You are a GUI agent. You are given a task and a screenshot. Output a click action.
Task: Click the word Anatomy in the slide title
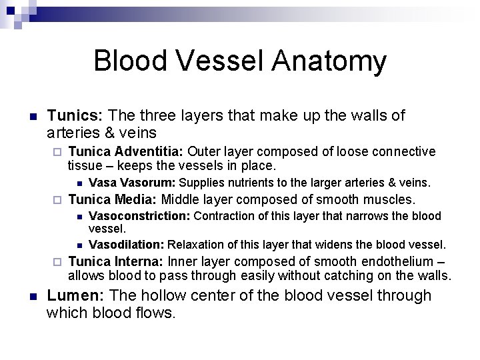329,61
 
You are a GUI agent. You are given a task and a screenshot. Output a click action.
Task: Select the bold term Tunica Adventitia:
119,152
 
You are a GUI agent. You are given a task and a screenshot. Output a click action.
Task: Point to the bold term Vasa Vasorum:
132,183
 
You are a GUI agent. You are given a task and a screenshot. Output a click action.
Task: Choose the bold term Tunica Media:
113,199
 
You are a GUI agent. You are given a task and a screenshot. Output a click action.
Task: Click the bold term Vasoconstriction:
139,216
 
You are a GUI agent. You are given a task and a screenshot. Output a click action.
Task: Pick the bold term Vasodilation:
127,245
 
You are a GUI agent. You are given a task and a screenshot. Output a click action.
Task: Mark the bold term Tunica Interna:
116,261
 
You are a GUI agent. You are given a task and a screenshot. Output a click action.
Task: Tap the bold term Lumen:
75,295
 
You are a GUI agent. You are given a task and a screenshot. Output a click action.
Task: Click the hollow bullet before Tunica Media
57,200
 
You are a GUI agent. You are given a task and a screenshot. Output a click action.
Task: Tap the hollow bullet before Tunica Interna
57,262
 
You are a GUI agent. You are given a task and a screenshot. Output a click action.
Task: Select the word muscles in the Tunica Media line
390,199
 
